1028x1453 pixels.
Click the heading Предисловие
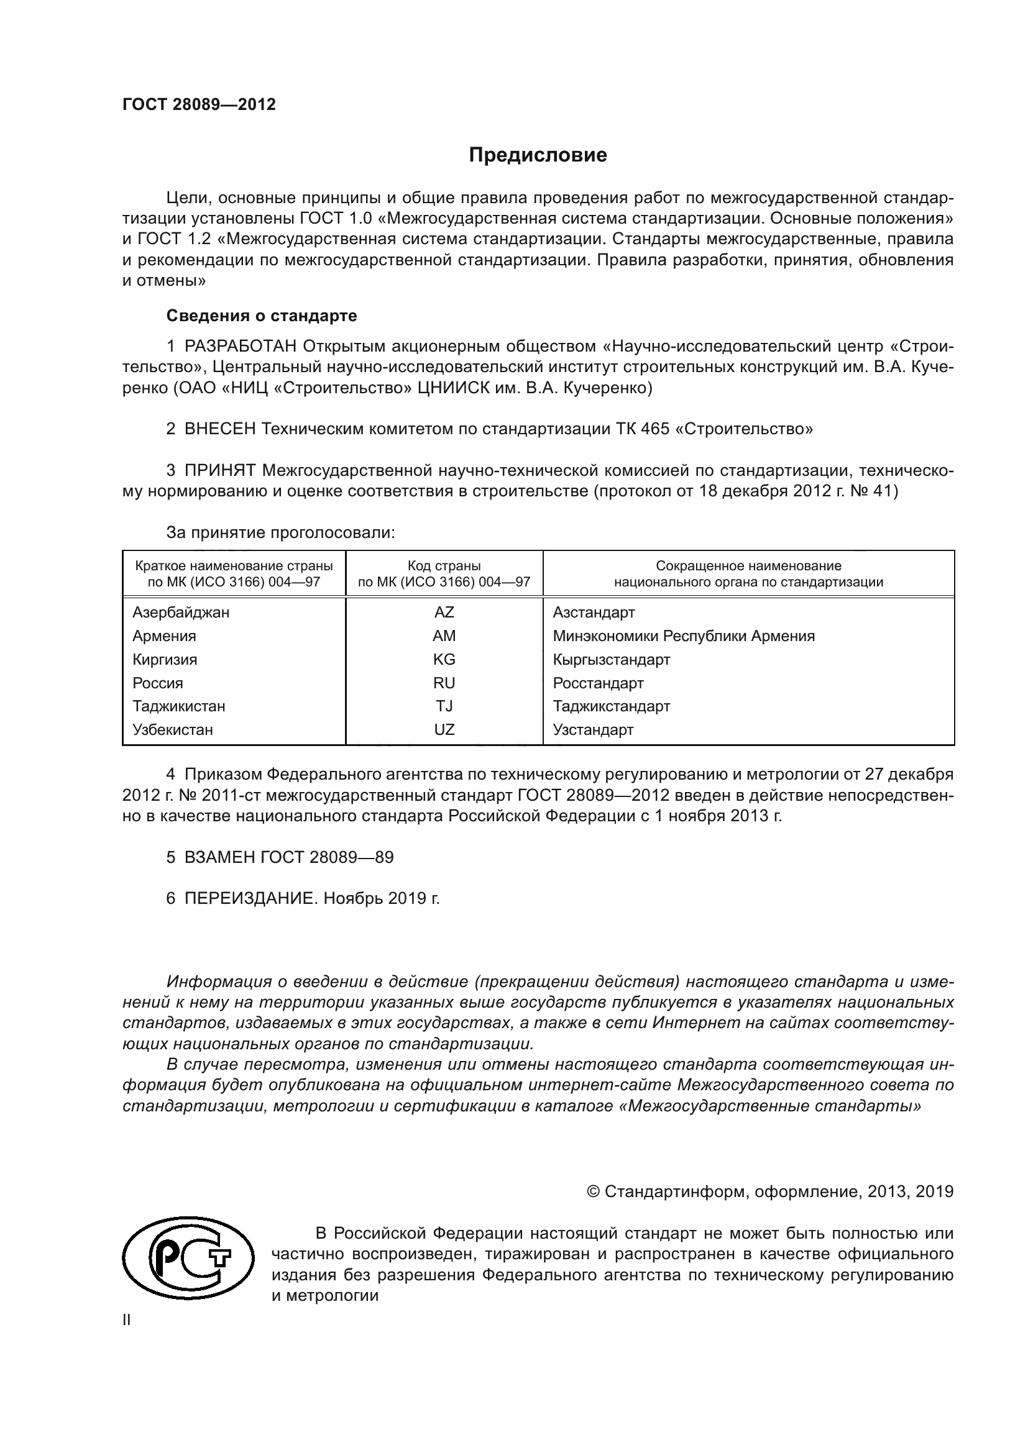pos(538,155)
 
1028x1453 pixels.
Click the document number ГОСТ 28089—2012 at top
pos(199,105)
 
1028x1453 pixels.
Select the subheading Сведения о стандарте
pos(262,315)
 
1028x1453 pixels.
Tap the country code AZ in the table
pos(444,612)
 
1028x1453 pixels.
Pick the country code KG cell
pos(444,660)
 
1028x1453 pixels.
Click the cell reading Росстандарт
pos(597,683)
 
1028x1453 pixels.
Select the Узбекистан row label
pos(172,730)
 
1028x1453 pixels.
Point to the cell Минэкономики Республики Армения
pos(684,635)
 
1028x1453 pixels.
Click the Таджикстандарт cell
pos(611,706)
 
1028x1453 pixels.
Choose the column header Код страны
pos(444,566)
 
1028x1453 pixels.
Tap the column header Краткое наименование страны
pos(234,566)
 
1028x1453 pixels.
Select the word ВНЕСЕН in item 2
pos(219,429)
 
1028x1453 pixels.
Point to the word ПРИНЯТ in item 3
pos(219,470)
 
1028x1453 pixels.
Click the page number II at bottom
pos(127,1320)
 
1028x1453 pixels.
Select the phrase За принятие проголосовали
pos(280,532)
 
